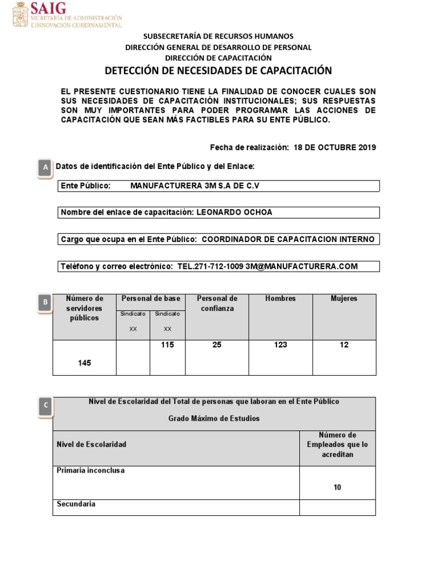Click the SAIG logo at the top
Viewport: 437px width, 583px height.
point(67,15)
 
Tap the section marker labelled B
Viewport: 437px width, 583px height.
point(44,303)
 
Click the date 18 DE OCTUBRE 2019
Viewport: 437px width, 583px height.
point(335,147)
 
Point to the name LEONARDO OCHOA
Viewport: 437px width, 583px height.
point(234,212)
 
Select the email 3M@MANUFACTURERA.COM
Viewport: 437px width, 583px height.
point(302,266)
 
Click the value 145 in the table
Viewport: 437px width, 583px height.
point(84,363)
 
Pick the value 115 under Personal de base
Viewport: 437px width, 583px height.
point(167,345)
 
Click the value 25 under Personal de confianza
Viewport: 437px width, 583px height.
point(217,345)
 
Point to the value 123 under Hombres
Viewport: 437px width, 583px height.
point(281,345)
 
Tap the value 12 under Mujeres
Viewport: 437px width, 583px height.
point(344,345)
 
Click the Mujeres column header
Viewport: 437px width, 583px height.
point(344,298)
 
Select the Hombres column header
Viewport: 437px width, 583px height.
point(281,298)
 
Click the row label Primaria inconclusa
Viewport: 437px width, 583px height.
point(90,471)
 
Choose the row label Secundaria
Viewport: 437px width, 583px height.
point(76,504)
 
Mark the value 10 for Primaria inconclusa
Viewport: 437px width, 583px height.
point(337,487)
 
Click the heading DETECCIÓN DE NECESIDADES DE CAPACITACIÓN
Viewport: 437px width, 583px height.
point(218,71)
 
